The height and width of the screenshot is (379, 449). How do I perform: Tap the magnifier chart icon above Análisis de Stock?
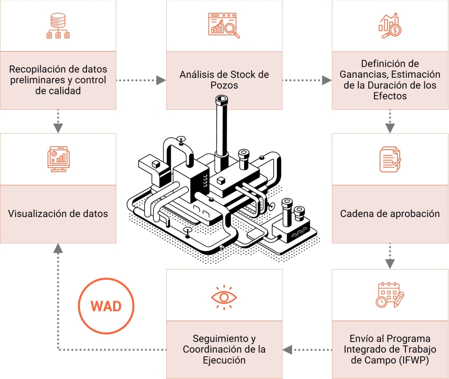click(224, 26)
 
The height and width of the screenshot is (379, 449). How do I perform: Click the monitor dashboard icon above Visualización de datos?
click(58, 159)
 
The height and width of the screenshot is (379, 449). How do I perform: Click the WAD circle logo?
click(106, 306)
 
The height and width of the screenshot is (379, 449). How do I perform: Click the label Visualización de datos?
click(58, 214)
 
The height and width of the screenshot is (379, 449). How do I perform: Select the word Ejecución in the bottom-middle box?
click(224, 360)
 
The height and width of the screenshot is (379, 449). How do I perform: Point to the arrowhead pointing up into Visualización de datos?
click(58, 248)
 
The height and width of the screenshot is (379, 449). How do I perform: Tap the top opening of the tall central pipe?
click(221, 100)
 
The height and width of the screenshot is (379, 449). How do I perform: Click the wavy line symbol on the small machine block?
click(299, 233)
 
